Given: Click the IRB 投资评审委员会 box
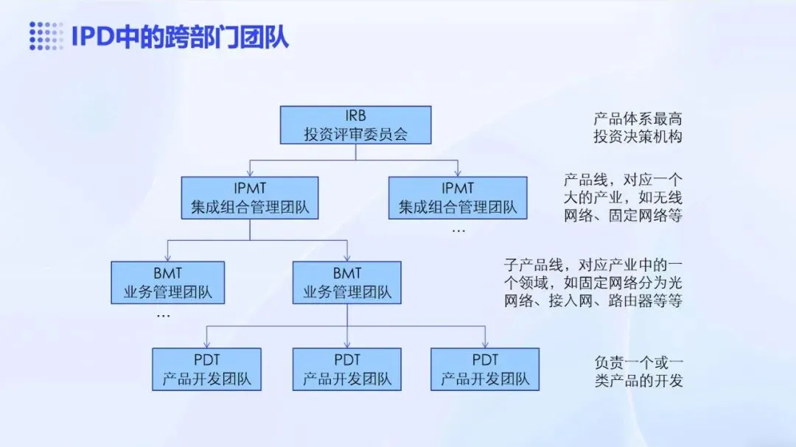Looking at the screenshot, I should pyautogui.click(x=355, y=124).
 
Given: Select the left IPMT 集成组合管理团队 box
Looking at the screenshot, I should pyautogui.click(x=250, y=197).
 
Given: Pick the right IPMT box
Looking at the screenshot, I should pyautogui.click(x=458, y=197).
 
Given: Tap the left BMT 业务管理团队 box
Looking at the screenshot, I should pyautogui.click(x=167, y=282).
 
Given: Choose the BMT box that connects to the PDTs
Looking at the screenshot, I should pyautogui.click(x=347, y=282).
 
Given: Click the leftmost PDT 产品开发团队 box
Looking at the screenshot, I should pyautogui.click(x=206, y=369).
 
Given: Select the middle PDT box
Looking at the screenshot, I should pyautogui.click(x=347, y=369).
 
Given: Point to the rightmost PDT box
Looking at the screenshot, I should pyautogui.click(x=485, y=369).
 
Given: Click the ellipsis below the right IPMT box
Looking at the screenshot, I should pyautogui.click(x=458, y=230).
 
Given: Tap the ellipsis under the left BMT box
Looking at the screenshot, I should pyautogui.click(x=164, y=315).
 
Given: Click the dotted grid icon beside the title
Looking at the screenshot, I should pyautogui.click(x=46, y=36).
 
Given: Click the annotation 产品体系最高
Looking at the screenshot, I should pyautogui.click(x=638, y=118).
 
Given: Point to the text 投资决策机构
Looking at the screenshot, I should pyautogui.click(x=638, y=136).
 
